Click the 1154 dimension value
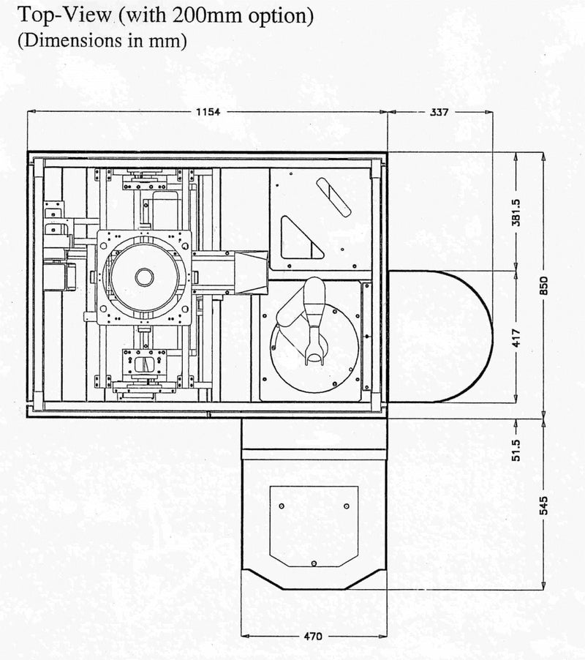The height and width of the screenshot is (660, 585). click(208, 112)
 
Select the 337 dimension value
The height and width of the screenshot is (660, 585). click(439, 112)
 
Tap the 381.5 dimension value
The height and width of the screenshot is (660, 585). click(516, 213)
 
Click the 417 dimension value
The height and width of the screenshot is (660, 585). click(516, 337)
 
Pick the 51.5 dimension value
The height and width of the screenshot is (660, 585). click(516, 451)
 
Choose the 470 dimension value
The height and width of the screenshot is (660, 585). click(313, 636)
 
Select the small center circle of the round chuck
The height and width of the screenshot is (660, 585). click(145, 277)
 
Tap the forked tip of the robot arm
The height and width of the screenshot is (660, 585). click(315, 356)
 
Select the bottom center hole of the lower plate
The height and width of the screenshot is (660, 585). click(314, 563)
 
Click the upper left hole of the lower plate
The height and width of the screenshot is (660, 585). click(282, 506)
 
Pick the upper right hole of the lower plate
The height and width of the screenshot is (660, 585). click(347, 506)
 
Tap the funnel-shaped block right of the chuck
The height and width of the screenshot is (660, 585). click(251, 272)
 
